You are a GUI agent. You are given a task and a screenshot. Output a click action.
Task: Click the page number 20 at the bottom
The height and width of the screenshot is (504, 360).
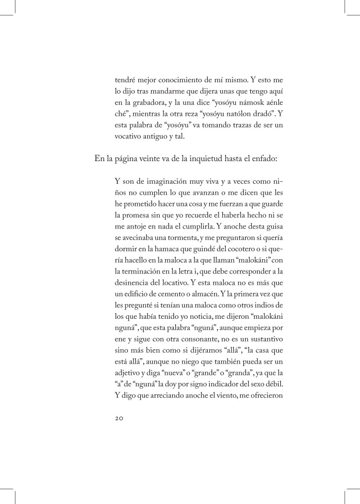[120, 418]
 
